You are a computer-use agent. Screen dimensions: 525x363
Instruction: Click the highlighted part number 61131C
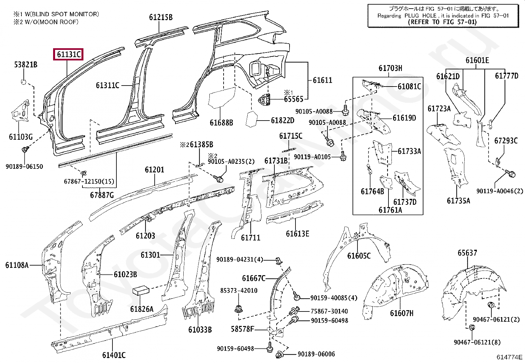pyautogui.click(x=69, y=54)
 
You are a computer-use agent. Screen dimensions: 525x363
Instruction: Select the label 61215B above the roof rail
pyautogui.click(x=161, y=17)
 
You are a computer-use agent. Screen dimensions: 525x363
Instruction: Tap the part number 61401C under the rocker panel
pyautogui.click(x=114, y=355)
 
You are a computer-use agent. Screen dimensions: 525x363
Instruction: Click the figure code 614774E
pyautogui.click(x=509, y=357)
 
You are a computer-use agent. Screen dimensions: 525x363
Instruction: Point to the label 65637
pyautogui.click(x=467, y=253)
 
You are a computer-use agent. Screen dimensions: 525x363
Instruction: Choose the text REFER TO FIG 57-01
pyautogui.click(x=442, y=22)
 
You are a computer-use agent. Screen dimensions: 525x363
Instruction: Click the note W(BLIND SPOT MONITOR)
pyautogui.click(x=62, y=14)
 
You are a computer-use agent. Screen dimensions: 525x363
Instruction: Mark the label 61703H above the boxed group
pyautogui.click(x=390, y=68)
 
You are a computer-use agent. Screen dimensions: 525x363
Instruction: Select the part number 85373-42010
pyautogui.click(x=239, y=290)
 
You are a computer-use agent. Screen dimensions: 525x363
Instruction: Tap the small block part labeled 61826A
pyautogui.click(x=141, y=291)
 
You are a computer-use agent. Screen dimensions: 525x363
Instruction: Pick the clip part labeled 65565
pyautogui.click(x=264, y=99)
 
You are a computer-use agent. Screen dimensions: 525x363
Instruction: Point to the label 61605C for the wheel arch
pyautogui.click(x=359, y=256)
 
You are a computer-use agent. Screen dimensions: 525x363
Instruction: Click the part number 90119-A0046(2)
pyautogui.click(x=500, y=191)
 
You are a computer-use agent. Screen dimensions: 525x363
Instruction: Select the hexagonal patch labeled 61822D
pyautogui.click(x=252, y=120)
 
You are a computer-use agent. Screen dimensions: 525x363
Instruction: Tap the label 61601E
pyautogui.click(x=477, y=60)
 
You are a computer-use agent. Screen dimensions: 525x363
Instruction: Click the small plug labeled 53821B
pyautogui.click(x=24, y=82)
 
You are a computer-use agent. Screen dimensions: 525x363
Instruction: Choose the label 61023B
pyautogui.click(x=125, y=274)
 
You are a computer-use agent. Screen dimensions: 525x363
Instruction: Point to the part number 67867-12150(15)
pyautogui.click(x=89, y=181)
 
